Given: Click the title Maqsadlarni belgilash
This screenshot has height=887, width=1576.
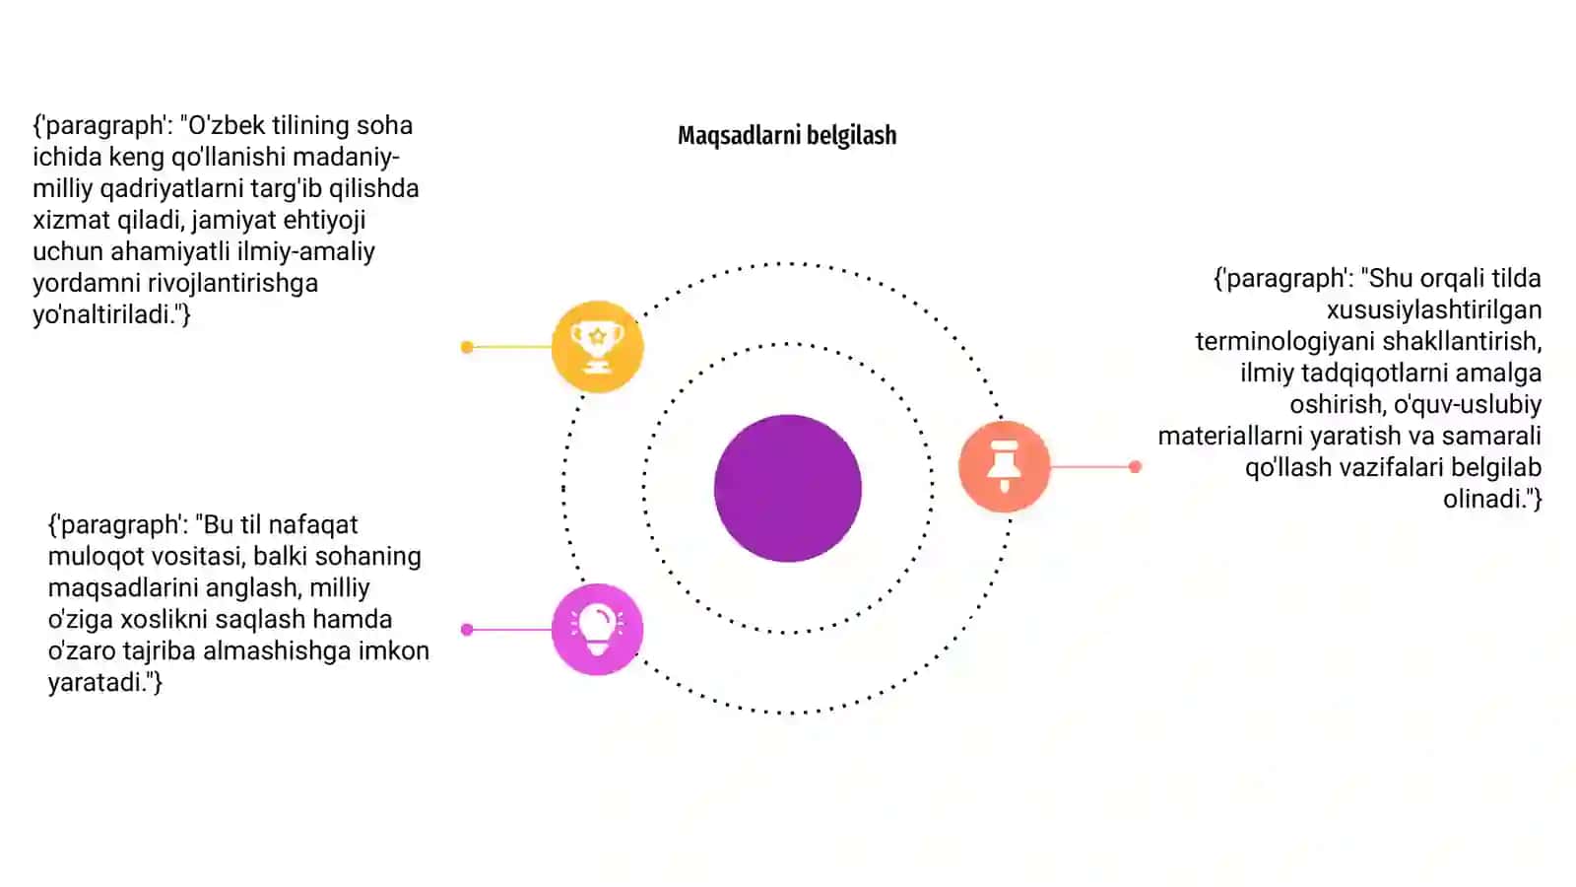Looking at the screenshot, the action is (787, 135).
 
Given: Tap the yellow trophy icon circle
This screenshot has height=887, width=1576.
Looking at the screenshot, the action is (597, 346).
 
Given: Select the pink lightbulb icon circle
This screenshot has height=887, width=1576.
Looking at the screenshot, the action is (597, 630).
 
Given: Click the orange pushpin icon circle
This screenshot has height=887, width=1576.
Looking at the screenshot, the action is (1005, 466).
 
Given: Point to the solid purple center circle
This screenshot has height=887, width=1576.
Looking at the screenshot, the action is (788, 488).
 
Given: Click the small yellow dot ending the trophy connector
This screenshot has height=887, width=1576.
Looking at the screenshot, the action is (467, 347).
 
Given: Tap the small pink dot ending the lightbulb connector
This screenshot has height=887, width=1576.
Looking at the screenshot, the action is (467, 630).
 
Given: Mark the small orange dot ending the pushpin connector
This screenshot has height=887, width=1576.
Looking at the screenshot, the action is (1135, 466).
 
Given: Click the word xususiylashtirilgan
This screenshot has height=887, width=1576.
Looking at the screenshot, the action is (1434, 309).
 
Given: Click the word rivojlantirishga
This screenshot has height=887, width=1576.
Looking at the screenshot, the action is (232, 283).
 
